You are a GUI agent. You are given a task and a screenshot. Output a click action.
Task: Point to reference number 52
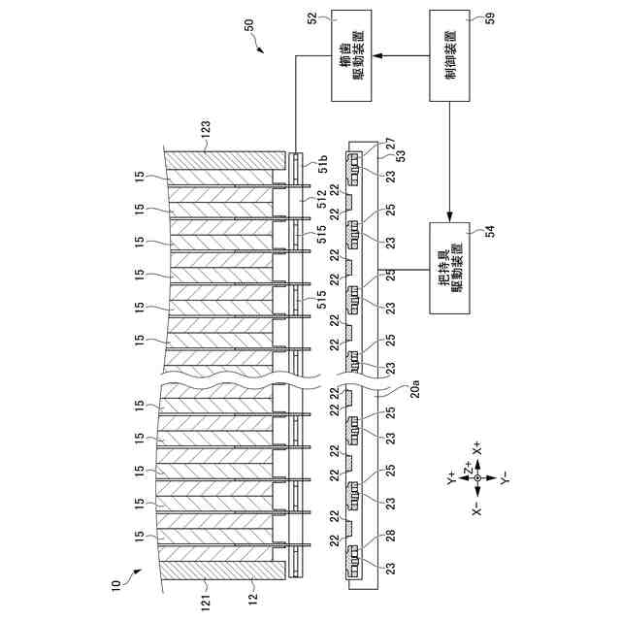click(312, 17)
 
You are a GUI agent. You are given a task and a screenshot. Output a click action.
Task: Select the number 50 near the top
click(250, 26)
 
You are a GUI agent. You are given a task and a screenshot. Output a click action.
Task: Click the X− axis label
click(475, 507)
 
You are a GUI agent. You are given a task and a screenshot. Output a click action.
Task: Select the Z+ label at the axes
click(468, 469)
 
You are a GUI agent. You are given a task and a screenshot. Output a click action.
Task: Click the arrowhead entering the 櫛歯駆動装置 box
click(381, 56)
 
